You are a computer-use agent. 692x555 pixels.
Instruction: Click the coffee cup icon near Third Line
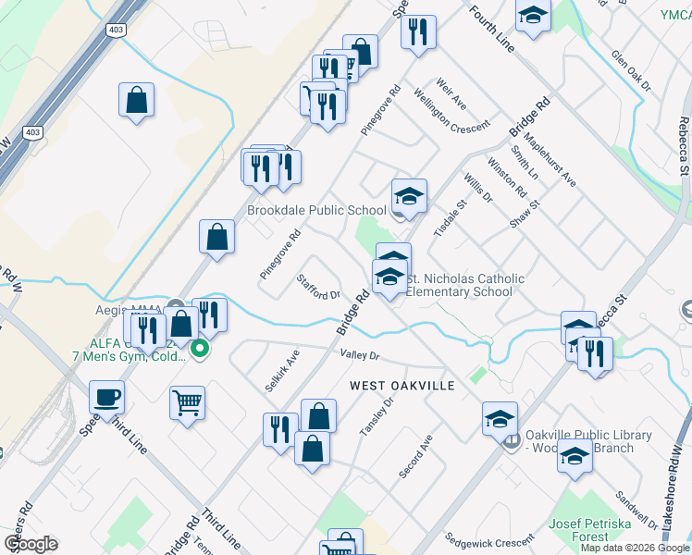click(107, 398)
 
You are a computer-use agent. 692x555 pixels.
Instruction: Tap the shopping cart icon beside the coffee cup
click(187, 403)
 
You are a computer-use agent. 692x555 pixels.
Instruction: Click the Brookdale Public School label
click(316, 210)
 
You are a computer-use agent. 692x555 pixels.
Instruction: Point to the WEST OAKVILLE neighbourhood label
click(402, 385)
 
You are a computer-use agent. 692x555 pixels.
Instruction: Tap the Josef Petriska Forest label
click(593, 530)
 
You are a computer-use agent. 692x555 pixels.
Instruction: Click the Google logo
click(30, 544)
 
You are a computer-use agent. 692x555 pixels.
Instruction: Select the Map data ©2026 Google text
click(636, 548)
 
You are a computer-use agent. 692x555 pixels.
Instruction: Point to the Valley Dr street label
click(360, 355)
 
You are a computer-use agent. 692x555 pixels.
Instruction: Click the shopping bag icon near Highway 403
click(136, 100)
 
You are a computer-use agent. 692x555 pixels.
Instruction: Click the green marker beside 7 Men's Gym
click(200, 350)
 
